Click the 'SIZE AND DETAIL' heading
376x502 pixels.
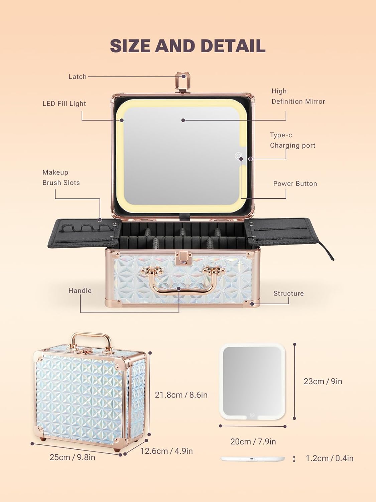click(188, 46)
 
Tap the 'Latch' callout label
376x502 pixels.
click(78, 77)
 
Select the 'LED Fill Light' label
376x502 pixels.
click(64, 104)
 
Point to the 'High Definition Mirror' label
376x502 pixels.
click(298, 96)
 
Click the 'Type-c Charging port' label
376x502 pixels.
click(292, 140)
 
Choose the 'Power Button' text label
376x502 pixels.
click(295, 184)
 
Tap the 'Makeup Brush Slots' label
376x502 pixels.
click(61, 177)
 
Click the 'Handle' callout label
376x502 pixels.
click(80, 290)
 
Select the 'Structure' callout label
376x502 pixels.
click(288, 294)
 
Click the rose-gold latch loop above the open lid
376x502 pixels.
click(183, 81)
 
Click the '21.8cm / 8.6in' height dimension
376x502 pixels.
click(181, 395)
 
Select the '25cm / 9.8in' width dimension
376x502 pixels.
click(73, 457)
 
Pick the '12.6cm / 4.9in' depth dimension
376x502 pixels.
click(166, 451)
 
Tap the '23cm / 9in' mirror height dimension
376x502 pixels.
click(323, 382)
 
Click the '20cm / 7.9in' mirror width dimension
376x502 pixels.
click(253, 442)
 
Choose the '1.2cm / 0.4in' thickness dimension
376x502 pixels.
click(330, 458)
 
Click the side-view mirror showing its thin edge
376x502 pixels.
click(253, 459)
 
